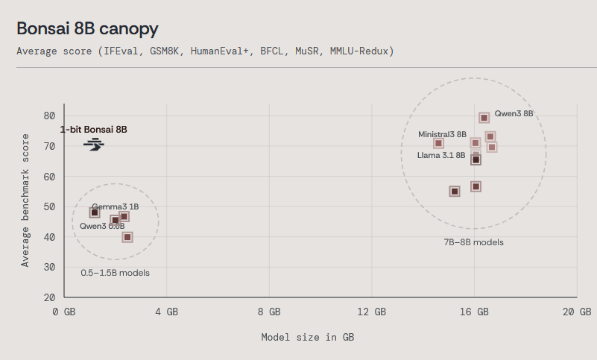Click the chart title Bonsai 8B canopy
point(87,28)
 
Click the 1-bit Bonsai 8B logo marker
point(94,145)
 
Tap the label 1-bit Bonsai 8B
point(94,130)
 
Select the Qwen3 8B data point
point(484,118)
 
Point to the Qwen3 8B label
point(514,114)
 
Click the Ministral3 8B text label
point(442,134)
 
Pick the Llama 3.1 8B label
point(441,155)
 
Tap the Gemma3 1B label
point(115,206)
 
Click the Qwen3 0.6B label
point(102,226)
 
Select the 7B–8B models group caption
point(473,242)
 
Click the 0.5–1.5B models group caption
point(115,273)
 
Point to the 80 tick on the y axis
point(49,116)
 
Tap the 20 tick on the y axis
point(49,297)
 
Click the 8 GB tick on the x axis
point(268,312)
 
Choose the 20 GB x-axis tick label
point(576,312)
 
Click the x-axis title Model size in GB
point(307,338)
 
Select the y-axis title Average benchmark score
point(25,200)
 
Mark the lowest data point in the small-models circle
point(127,237)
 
